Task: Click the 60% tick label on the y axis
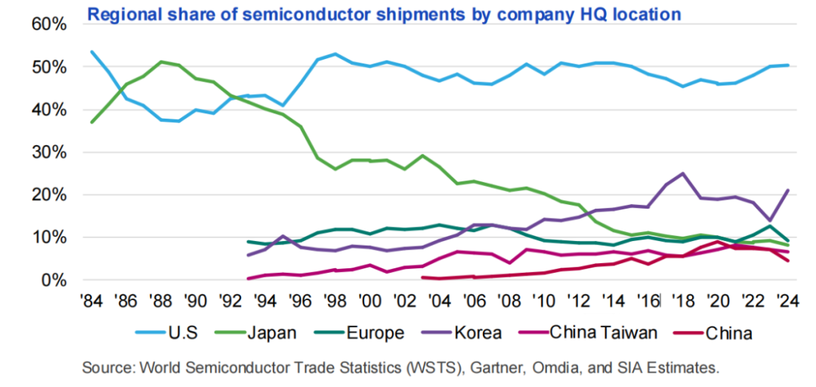pos(51,24)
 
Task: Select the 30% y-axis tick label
pos(51,153)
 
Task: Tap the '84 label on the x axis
pos(91,300)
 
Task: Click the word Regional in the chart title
pos(123,14)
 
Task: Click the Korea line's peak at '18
pos(683,173)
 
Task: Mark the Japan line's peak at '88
pos(161,61)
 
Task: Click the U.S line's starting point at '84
pos(91,51)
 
